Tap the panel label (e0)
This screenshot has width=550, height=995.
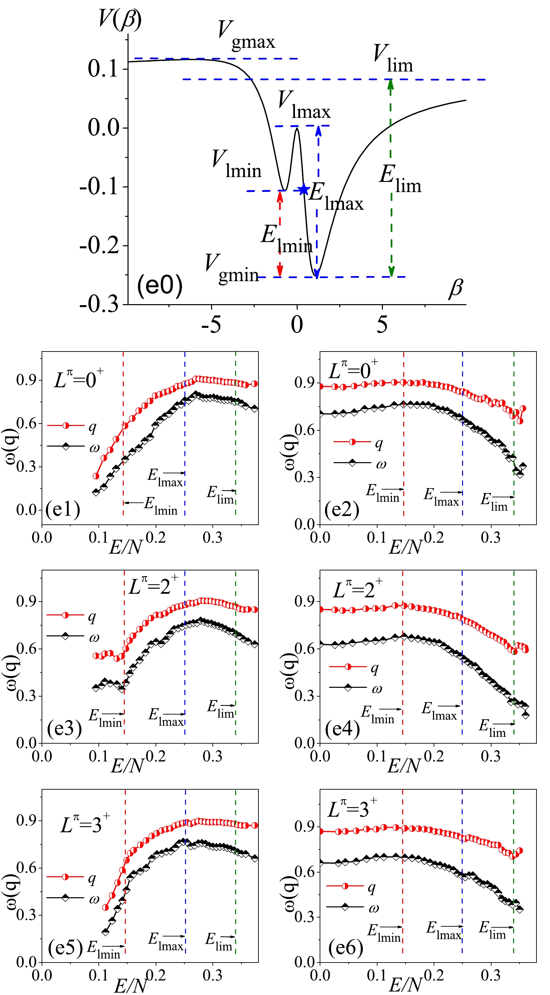(x=160, y=286)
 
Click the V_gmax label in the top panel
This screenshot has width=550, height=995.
(x=246, y=35)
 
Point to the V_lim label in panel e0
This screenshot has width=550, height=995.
(x=393, y=59)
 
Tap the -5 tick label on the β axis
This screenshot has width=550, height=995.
(x=211, y=324)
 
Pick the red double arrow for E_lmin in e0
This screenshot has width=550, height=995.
(x=280, y=234)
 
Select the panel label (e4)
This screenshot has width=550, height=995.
(x=342, y=729)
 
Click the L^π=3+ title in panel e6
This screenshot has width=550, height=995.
(x=352, y=807)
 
